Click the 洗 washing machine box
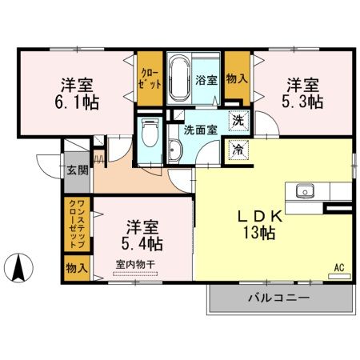coord(238,122)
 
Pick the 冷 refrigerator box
coord(238,148)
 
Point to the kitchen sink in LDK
coord(305,191)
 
